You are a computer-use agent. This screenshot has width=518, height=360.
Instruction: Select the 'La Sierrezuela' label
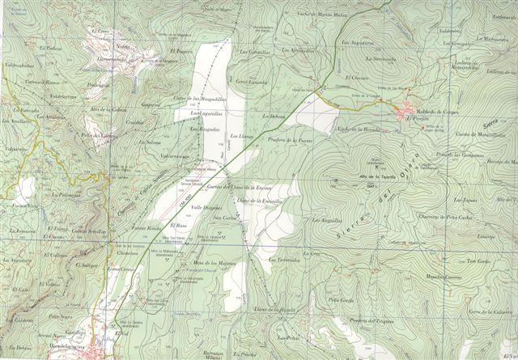click(380, 58)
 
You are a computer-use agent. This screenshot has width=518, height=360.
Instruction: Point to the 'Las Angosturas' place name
click(357, 42)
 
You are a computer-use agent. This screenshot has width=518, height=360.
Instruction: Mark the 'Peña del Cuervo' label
click(96, 135)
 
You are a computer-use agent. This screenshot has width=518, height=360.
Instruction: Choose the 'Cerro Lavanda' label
click(252, 82)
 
